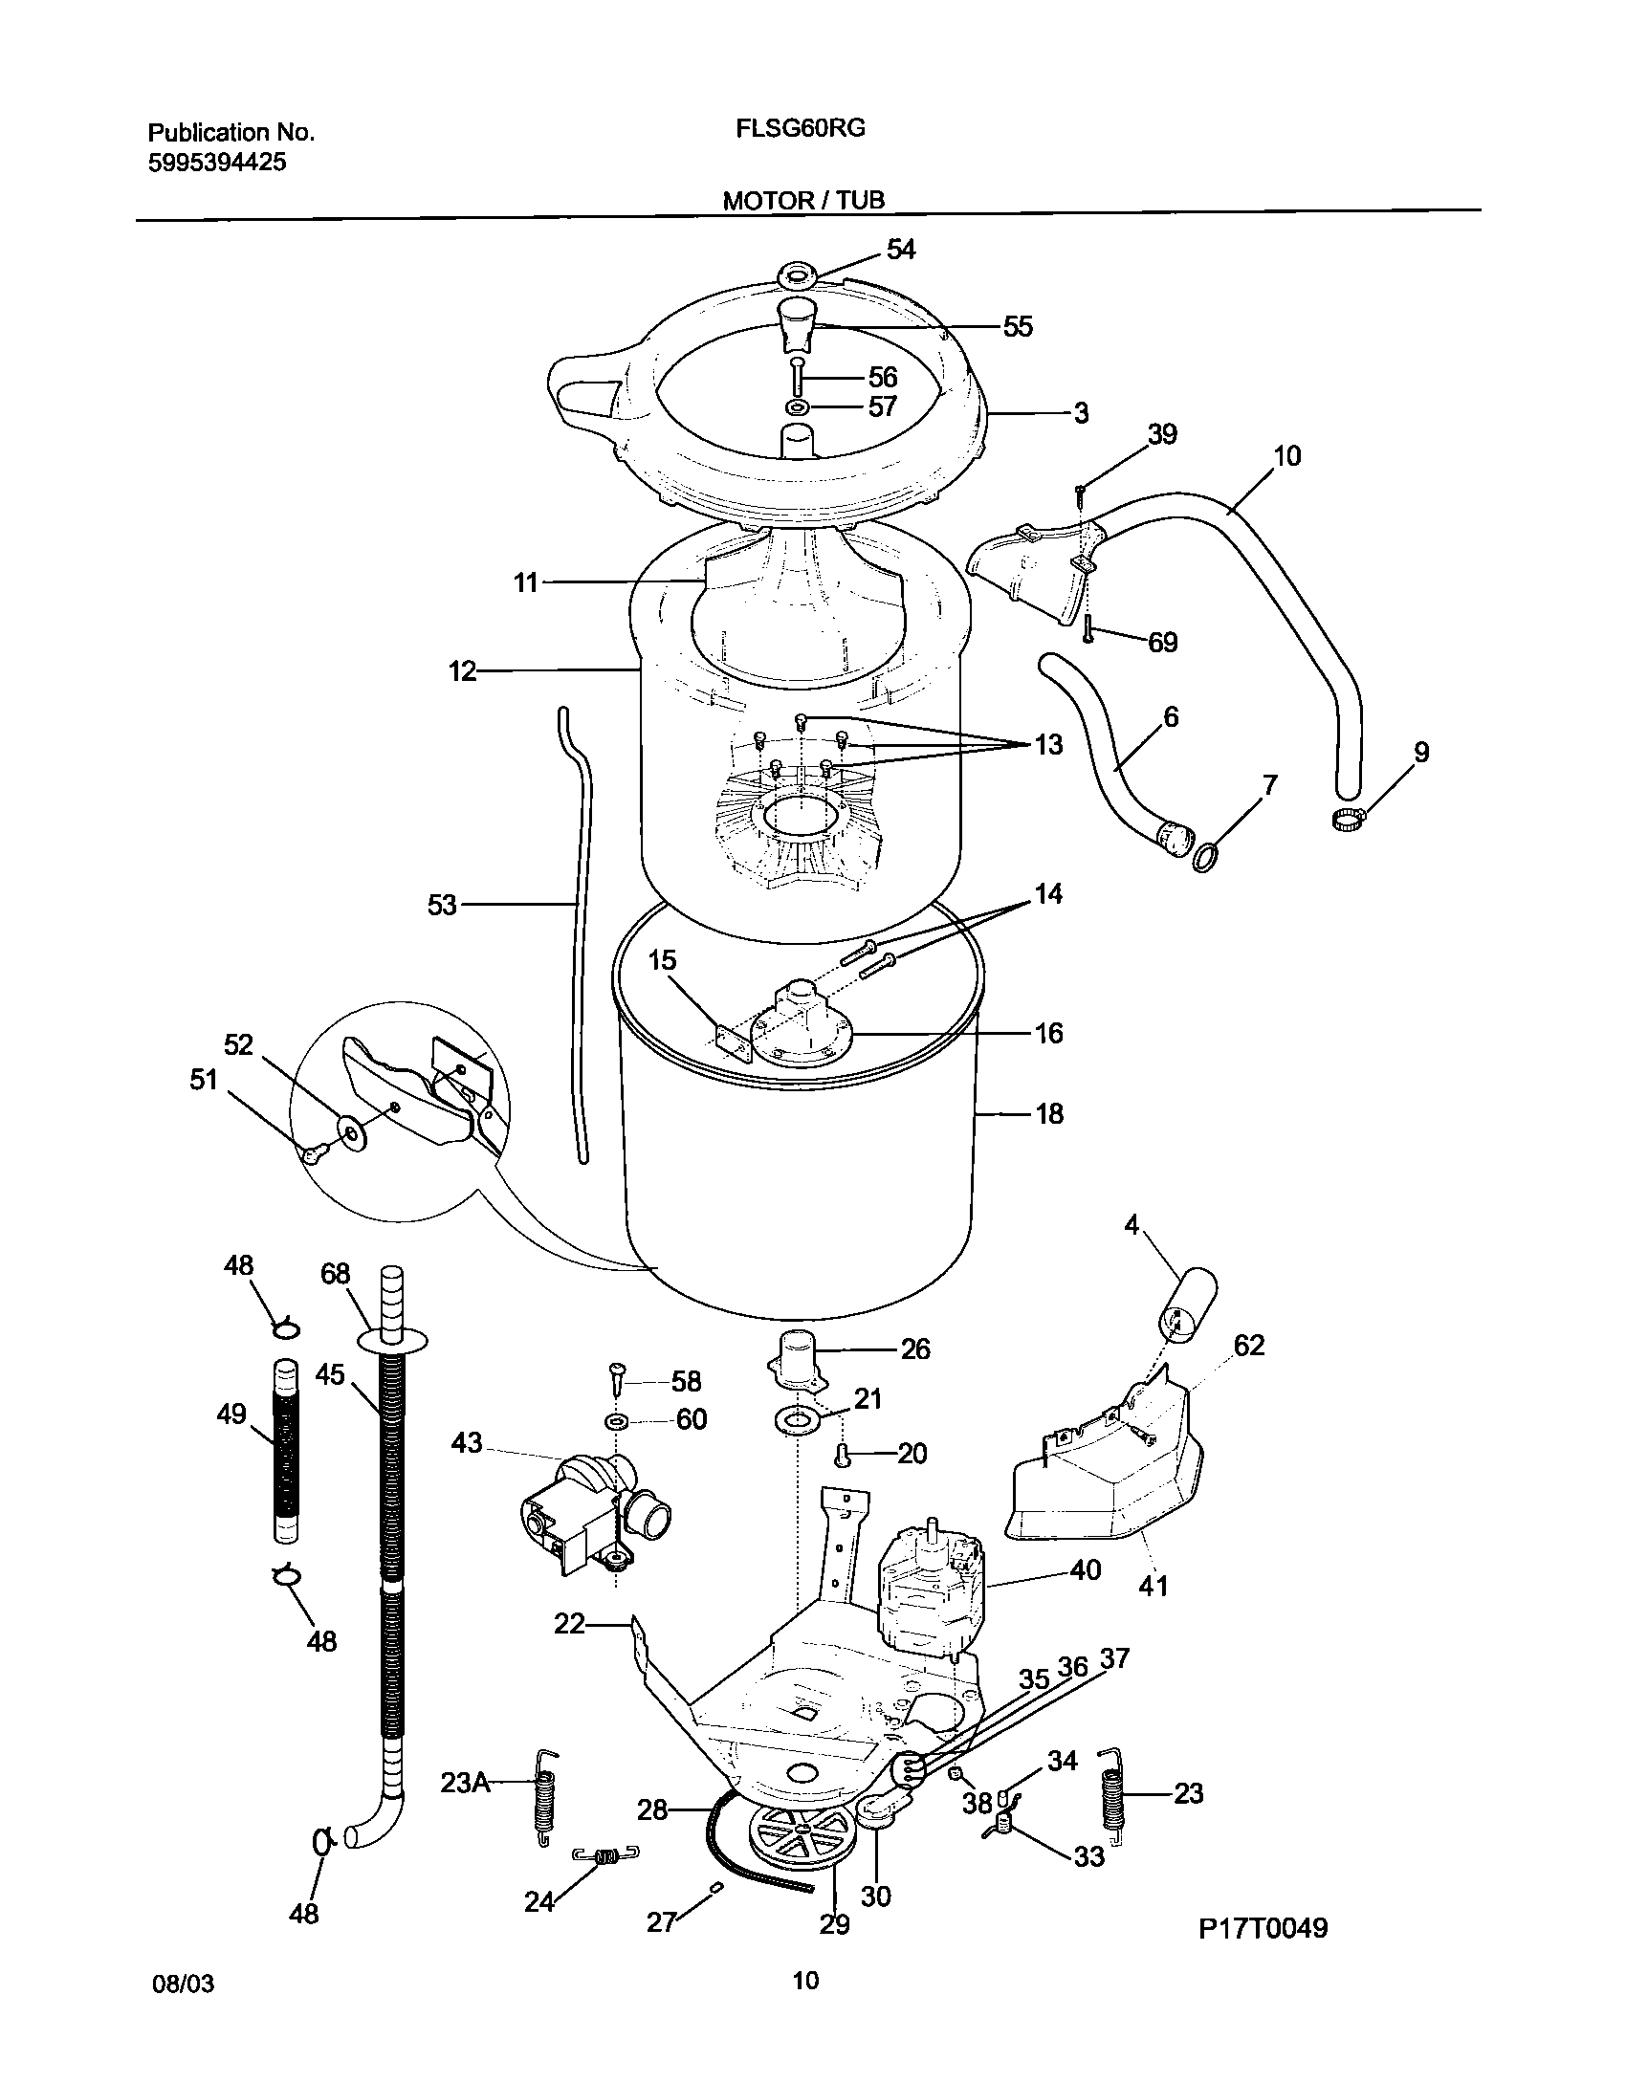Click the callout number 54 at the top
click(x=900, y=250)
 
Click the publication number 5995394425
click(x=217, y=163)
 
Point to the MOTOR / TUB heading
click(x=803, y=200)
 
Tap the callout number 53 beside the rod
click(x=442, y=905)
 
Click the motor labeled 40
click(x=928, y=1592)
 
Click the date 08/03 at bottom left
click(x=184, y=1984)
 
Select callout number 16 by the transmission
click(x=1048, y=1033)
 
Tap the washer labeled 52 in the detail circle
click(x=354, y=1134)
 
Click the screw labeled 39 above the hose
click(x=1080, y=493)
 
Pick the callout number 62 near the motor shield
click(x=1248, y=1346)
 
